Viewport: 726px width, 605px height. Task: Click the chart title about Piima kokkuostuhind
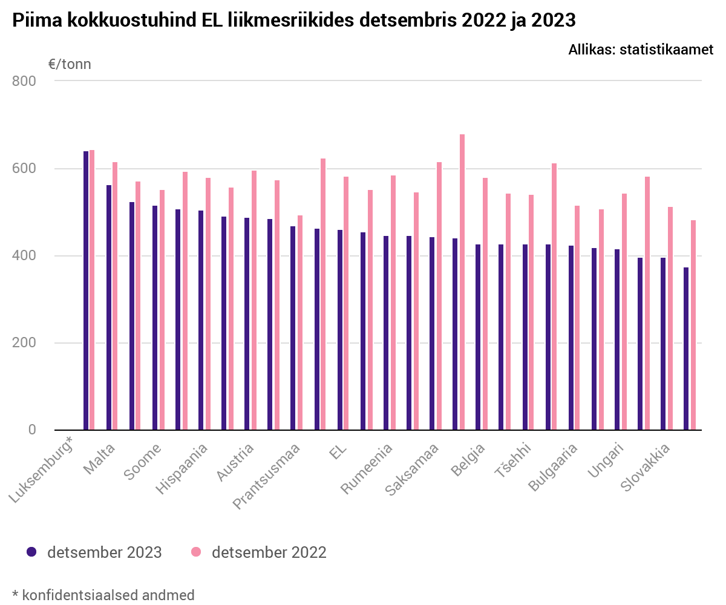[293, 21]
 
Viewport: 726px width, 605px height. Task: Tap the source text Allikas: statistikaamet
[641, 50]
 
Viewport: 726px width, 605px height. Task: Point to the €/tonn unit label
[70, 64]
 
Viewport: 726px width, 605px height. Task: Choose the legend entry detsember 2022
[269, 552]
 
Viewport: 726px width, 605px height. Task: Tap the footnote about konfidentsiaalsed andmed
[103, 595]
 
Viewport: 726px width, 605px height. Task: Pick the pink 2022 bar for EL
[346, 303]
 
